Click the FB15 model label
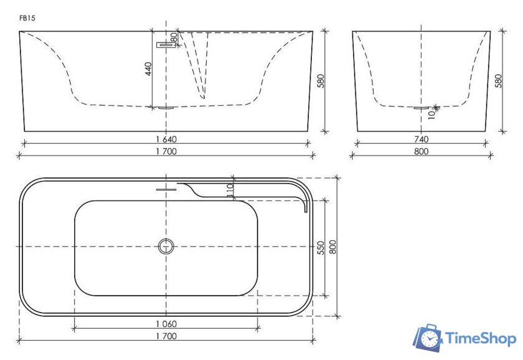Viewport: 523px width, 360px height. (x=27, y=18)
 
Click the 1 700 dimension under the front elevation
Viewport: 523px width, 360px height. (x=166, y=151)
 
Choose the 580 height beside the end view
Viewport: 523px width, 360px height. (x=498, y=81)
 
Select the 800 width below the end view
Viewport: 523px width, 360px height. (x=422, y=151)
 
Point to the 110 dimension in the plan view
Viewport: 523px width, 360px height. (x=230, y=191)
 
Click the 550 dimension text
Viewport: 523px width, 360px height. (x=321, y=247)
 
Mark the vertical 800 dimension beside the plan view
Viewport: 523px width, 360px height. (x=333, y=247)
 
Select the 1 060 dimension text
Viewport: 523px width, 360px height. (x=166, y=323)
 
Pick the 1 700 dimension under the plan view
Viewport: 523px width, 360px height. (x=166, y=336)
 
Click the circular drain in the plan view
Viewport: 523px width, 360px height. (x=166, y=247)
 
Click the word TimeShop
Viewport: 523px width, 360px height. (x=480, y=339)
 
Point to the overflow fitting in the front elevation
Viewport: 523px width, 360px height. (x=164, y=44)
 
